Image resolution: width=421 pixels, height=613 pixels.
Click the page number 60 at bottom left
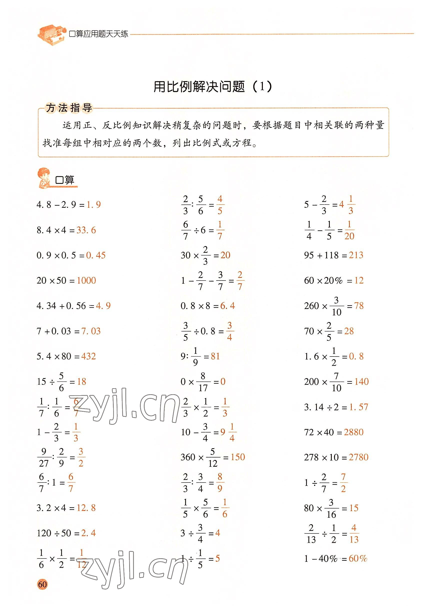42,584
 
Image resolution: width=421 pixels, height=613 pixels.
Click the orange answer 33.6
86,230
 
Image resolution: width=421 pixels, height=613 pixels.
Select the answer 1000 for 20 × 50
86,280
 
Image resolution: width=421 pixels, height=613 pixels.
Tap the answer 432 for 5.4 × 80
88,356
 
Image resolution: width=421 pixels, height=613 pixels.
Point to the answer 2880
354,432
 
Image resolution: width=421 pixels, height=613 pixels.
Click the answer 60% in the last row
358,558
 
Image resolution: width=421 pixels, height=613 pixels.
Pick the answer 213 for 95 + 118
356,255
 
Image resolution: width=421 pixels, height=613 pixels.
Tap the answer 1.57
359,407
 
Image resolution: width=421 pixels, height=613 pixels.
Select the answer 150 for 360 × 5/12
238,457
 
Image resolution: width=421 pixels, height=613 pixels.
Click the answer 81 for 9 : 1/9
215,356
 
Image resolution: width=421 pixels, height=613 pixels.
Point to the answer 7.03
91,331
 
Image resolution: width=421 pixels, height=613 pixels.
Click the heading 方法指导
69,108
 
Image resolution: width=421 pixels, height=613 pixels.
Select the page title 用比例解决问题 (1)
213,86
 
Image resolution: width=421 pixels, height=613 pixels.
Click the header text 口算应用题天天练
98,34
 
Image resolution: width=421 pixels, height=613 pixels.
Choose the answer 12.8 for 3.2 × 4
86,508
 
